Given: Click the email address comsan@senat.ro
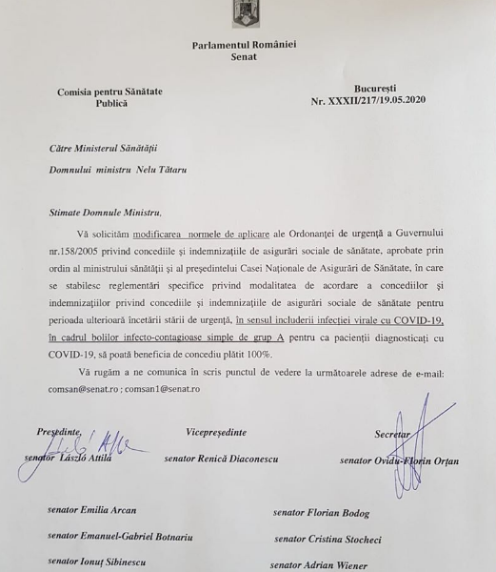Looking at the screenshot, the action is click(x=81, y=389).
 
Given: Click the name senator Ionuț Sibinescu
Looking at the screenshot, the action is click(x=98, y=562).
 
